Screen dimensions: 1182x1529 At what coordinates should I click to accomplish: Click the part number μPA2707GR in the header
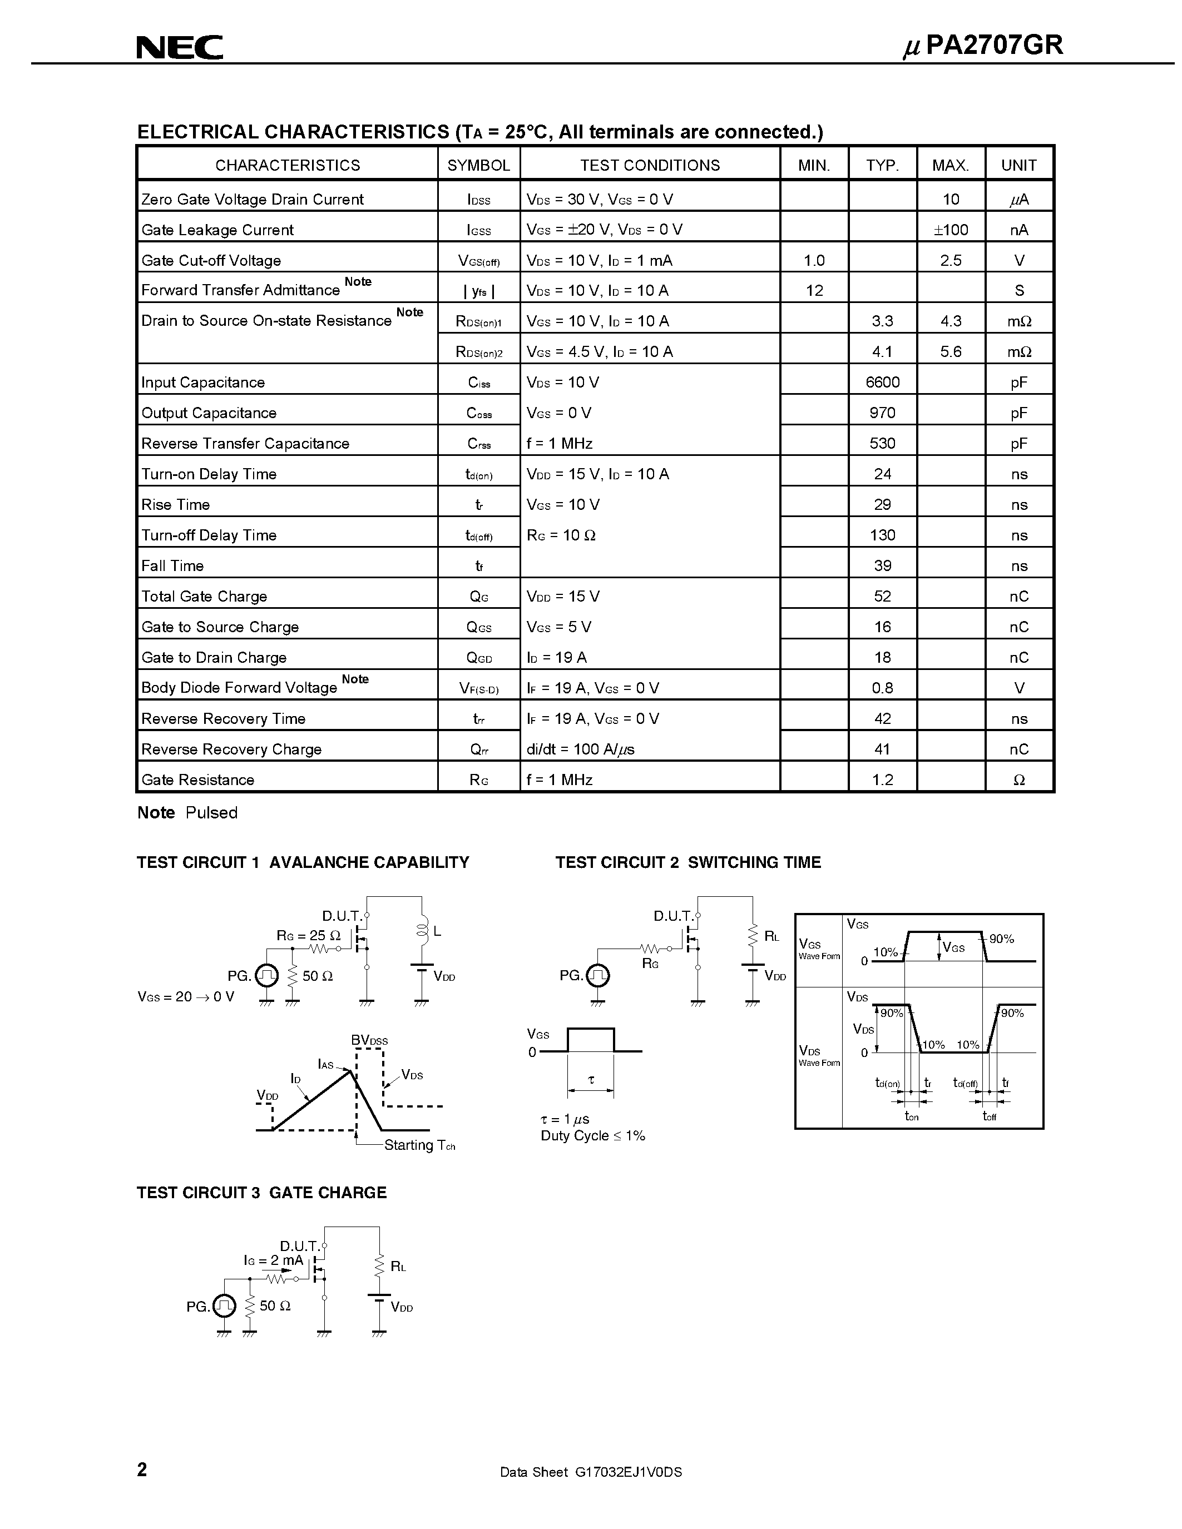983,46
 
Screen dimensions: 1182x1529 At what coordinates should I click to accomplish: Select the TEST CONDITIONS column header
649,165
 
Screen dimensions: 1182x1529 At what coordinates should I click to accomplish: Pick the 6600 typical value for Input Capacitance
882,383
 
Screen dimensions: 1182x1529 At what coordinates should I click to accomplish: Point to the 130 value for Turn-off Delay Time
882,535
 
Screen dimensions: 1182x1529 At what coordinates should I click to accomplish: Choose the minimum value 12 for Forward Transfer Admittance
814,291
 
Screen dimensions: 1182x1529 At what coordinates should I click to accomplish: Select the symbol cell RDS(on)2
479,352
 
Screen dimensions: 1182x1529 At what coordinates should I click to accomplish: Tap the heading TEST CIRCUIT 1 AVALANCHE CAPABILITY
303,862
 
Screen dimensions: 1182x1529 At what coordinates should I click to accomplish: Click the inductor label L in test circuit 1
437,932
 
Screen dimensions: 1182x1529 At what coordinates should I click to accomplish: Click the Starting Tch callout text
419,1145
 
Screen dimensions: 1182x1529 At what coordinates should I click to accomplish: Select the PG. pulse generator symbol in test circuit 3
224,1305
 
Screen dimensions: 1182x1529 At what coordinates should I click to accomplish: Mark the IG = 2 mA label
273,1260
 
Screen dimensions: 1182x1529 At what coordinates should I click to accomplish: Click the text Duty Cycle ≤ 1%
592,1135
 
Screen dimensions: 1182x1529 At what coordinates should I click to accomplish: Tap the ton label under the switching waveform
911,1116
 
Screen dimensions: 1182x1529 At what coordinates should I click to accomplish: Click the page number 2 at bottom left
142,1469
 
